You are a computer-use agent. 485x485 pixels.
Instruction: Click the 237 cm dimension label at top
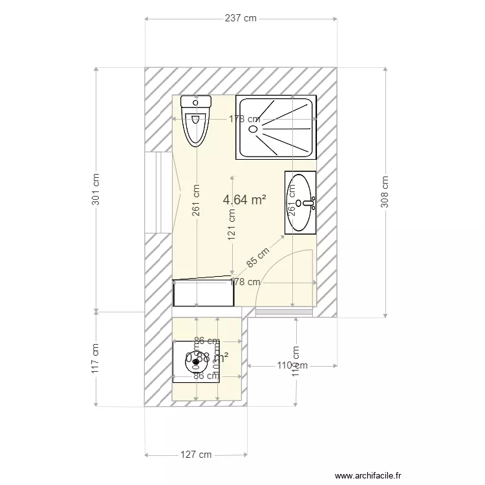[x=241, y=19]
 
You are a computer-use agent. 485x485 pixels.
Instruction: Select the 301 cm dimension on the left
[x=96, y=189]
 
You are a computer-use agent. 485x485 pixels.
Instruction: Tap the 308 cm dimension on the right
[x=385, y=191]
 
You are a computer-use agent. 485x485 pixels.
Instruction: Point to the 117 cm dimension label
[x=96, y=358]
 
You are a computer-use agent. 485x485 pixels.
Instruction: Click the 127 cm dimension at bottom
[x=196, y=455]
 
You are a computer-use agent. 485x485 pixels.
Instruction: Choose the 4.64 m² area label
[x=244, y=200]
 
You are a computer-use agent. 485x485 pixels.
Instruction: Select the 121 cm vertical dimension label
[x=232, y=224]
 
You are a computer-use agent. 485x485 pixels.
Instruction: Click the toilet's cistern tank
[x=196, y=102]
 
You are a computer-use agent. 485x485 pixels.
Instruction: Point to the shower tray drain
[x=252, y=129]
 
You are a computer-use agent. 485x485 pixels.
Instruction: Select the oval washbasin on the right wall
[x=299, y=202]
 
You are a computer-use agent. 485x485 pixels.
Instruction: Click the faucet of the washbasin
[x=308, y=203]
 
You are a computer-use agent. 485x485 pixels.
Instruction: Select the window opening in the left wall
[x=158, y=191]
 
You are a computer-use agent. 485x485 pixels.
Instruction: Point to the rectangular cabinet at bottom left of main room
[x=203, y=292]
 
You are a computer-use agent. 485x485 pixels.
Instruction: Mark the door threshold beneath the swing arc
[x=285, y=313]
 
